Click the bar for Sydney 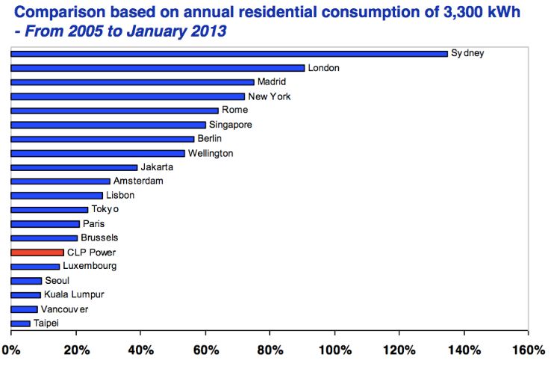click(x=229, y=54)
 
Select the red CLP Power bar click(x=37, y=252)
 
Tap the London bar click(x=158, y=68)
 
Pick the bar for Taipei click(x=21, y=323)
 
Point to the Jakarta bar click(x=74, y=167)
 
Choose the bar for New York click(x=128, y=96)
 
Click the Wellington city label click(x=211, y=153)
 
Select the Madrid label click(x=272, y=82)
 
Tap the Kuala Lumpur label click(x=74, y=295)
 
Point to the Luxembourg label click(x=90, y=267)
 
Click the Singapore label click(x=231, y=125)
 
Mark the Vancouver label click(x=65, y=309)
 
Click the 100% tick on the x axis click(x=334, y=350)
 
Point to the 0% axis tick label click(x=11, y=350)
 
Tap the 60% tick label click(x=205, y=350)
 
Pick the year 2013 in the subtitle click(x=211, y=32)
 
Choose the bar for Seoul click(x=26, y=281)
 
